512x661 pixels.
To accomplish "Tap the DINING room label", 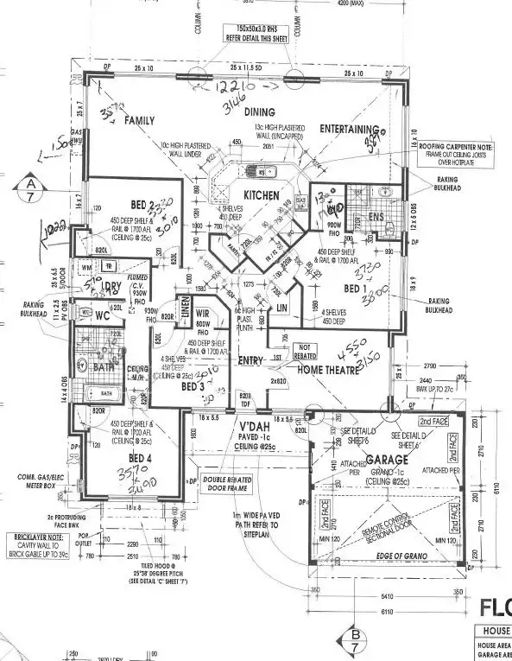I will [259, 112].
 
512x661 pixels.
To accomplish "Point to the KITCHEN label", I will [260, 195].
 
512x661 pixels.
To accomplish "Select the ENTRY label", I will [251, 361].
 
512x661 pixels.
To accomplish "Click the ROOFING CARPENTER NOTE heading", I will [464, 147].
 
